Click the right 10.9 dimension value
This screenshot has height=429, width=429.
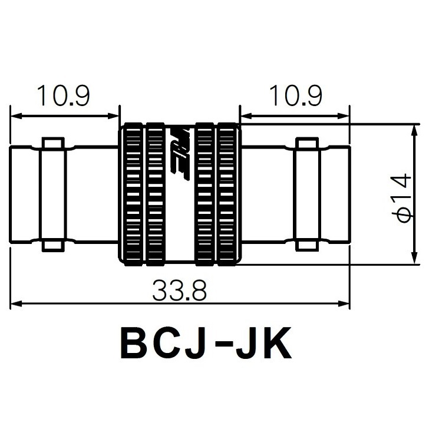coord(295,95)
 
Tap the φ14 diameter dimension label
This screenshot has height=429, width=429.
coord(403,198)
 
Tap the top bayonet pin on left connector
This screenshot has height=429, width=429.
coord(52,144)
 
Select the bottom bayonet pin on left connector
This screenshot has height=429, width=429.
coord(52,244)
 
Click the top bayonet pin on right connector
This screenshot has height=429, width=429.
coord(306,144)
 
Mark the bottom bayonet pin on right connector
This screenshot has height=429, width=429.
coord(306,244)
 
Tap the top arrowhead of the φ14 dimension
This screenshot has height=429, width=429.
coord(411,129)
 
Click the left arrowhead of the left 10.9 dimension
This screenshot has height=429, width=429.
coord(15,115)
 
